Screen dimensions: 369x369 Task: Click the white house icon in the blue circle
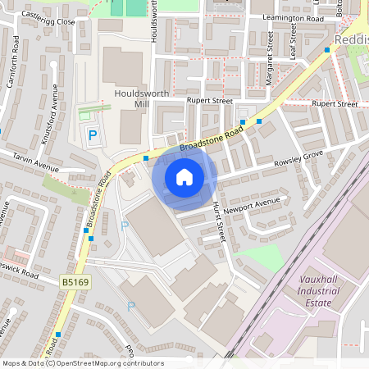(184, 176)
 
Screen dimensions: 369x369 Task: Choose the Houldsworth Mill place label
(142, 99)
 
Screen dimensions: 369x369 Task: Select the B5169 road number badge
(75, 283)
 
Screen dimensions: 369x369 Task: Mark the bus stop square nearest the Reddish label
(326, 50)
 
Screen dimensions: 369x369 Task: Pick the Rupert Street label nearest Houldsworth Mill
(209, 101)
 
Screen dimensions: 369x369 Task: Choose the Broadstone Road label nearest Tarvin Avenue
(97, 201)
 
